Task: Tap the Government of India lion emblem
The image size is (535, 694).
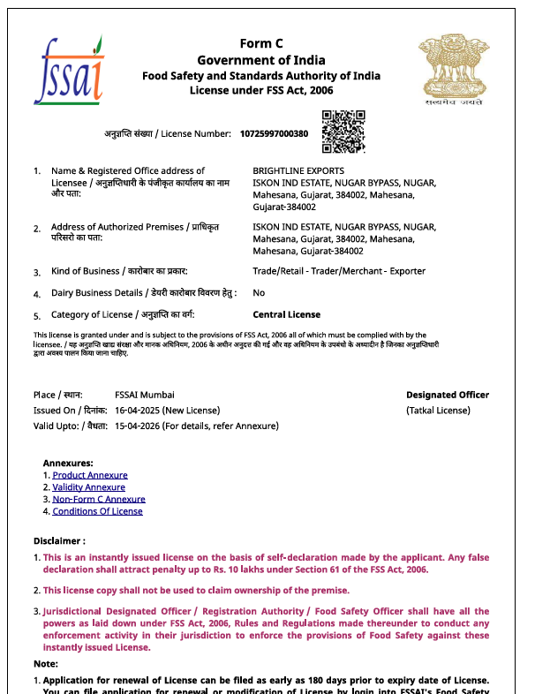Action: [x=452, y=66]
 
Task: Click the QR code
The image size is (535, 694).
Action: [x=343, y=132]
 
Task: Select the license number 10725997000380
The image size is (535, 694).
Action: [x=274, y=134]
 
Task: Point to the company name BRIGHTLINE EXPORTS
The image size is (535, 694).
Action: [x=298, y=171]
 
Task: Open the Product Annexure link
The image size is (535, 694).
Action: [x=90, y=475]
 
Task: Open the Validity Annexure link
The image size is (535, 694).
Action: [x=88, y=487]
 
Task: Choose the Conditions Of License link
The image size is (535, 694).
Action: [x=97, y=511]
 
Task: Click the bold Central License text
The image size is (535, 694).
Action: [x=286, y=314]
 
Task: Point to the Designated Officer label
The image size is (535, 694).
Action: [x=447, y=395]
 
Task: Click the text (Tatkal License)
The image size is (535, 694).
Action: [x=438, y=411]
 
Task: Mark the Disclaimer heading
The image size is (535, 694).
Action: [x=59, y=540]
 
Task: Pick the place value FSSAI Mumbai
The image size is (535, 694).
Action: [x=145, y=395]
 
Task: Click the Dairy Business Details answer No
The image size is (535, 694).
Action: [x=259, y=292]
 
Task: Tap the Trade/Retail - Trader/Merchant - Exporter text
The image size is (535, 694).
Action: [x=338, y=271]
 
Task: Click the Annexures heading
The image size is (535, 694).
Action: [x=68, y=463]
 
